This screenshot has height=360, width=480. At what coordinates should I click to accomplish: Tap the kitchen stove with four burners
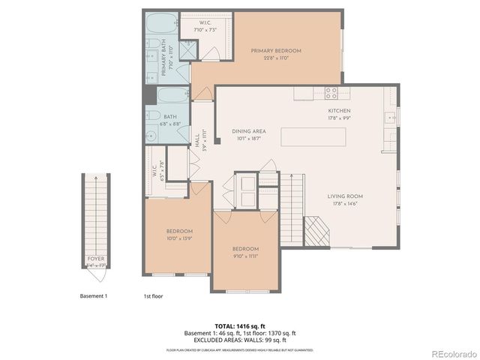pos(331,94)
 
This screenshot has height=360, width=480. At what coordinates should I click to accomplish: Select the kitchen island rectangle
pos(314,138)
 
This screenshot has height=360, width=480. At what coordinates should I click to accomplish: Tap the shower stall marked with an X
pos(187,50)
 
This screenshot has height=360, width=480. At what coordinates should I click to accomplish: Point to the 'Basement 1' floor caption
pos(94,296)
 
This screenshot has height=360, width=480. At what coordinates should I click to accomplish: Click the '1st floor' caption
pos(153,296)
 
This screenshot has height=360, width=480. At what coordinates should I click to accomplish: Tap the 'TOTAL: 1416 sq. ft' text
pos(240,326)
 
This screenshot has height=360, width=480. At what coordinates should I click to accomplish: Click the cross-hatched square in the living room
pos(316,232)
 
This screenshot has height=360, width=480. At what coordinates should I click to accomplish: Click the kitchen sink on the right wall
pos(389,117)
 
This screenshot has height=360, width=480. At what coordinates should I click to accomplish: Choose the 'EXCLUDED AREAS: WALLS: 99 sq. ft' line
pos(240,340)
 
